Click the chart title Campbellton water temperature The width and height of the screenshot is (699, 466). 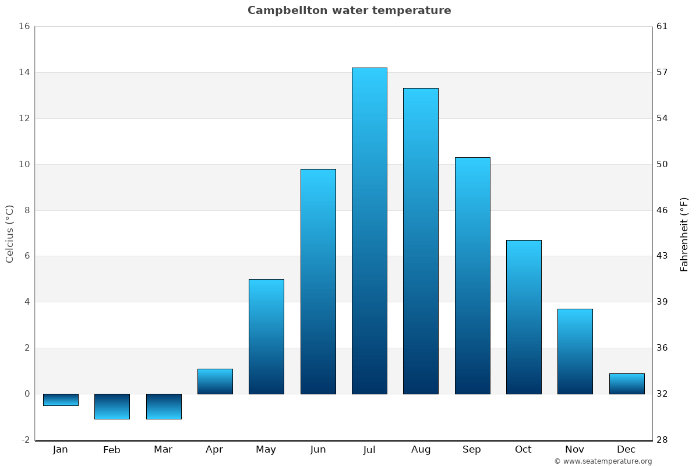pos(349,10)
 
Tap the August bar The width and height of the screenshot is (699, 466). pos(421,241)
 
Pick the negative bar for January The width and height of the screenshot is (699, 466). pos(61,400)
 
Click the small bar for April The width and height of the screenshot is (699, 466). pos(215,382)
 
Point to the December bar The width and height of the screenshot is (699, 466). pos(627,384)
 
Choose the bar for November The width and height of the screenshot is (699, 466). pos(575,351)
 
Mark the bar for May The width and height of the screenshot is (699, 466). pos(266,337)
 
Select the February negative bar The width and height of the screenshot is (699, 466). pos(112,407)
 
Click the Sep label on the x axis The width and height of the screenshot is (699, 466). pos(472,450)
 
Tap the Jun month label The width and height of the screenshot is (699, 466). pos(318,450)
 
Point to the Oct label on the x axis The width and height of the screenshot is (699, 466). pos(523,450)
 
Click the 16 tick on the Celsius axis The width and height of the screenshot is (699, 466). pos(24,26)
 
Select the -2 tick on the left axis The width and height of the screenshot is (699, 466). pos(25,440)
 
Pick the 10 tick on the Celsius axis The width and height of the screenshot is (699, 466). pos(24,164)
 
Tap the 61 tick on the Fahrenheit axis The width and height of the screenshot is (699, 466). pos(662,26)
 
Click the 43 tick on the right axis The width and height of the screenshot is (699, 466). pos(662,256)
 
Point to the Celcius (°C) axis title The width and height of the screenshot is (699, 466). pos(9,234)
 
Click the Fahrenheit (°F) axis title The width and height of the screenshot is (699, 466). pos(684,234)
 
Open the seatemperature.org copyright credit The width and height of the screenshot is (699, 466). pos(603,461)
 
